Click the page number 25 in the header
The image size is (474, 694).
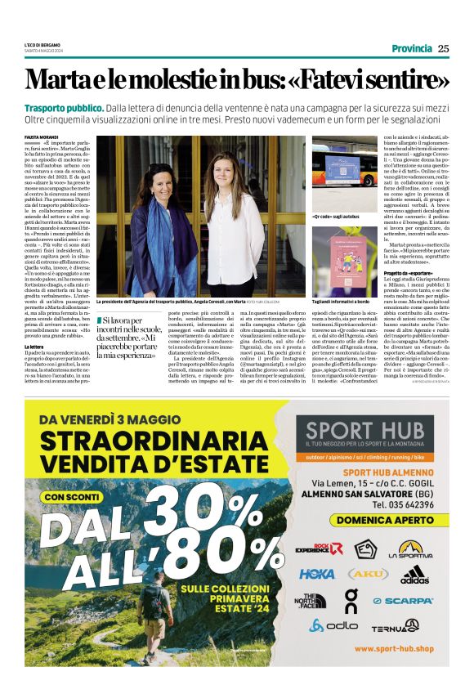coord(443,48)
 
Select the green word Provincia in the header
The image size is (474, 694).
coord(411,48)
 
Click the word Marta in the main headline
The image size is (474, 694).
coord(57,80)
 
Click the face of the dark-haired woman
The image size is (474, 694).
coord(160,177)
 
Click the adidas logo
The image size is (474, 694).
coord(415,575)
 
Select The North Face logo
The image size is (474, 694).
coord(311,601)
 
